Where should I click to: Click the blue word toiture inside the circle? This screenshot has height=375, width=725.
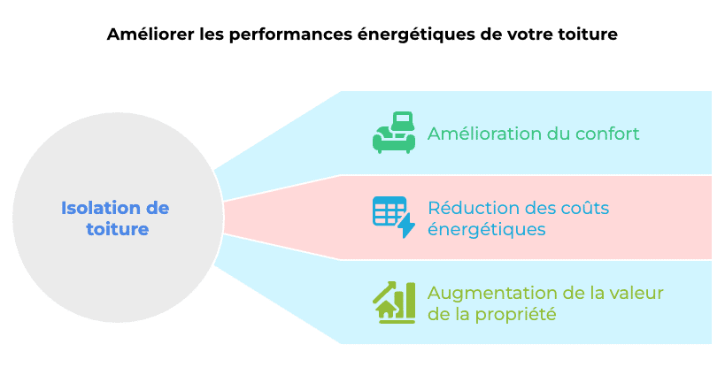(x=116, y=229)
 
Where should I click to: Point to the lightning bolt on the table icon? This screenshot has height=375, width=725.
(x=406, y=226)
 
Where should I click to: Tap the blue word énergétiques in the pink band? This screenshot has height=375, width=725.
(x=486, y=229)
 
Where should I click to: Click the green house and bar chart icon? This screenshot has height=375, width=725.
(x=394, y=302)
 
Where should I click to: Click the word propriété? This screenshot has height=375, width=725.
(x=517, y=314)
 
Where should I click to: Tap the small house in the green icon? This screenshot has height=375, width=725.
(x=386, y=310)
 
